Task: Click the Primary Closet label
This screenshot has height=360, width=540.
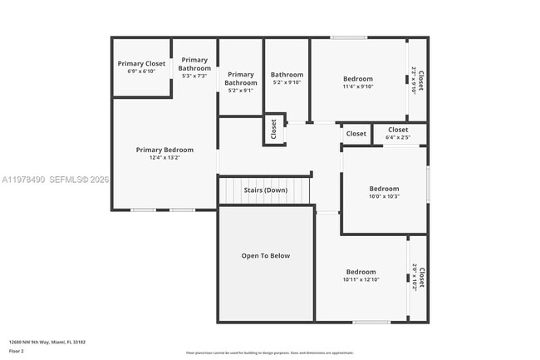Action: [141, 64]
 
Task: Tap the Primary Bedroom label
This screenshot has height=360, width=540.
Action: [164, 150]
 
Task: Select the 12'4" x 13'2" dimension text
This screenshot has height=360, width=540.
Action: [164, 157]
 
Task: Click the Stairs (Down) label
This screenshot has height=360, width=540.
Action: [265, 190]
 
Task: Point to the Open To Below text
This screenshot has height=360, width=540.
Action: [266, 255]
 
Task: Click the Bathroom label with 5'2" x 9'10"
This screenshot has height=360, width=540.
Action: [287, 76]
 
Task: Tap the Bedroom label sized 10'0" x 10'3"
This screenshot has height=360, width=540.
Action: [384, 189]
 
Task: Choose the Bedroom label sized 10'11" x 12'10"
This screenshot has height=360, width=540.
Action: [361, 272]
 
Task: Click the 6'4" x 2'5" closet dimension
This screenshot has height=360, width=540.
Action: [398, 137]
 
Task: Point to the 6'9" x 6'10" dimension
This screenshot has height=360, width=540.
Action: [141, 72]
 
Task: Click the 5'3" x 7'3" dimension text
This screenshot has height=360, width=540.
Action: [194, 76]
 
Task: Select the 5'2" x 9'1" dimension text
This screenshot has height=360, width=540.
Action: [241, 90]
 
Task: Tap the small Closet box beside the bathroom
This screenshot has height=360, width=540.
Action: [273, 130]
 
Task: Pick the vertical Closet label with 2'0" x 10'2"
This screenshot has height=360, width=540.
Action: [421, 277]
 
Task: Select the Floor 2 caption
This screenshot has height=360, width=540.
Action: [17, 351]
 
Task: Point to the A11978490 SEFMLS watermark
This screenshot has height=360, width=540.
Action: [55, 180]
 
